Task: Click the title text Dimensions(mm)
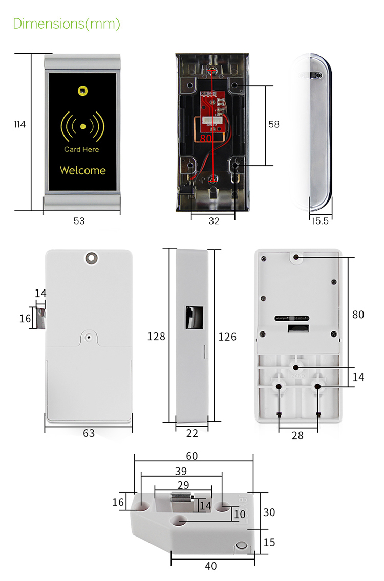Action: coord(67,24)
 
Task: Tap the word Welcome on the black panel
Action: coord(82,170)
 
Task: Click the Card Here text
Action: coord(81,149)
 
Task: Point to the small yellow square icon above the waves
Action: coord(82,91)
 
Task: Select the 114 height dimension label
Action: coord(19,124)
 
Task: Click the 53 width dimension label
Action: coord(79,221)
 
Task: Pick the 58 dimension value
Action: coord(274,124)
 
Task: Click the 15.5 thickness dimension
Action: coord(320,221)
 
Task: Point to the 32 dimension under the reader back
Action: coord(214,221)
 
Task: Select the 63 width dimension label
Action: coord(89,433)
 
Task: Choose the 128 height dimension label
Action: coord(156,336)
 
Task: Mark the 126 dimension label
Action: coord(227,336)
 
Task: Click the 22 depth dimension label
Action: coord(192,433)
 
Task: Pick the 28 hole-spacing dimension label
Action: coord(297,435)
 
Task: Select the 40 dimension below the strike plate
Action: coord(210,566)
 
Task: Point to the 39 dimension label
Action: coord(181,471)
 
